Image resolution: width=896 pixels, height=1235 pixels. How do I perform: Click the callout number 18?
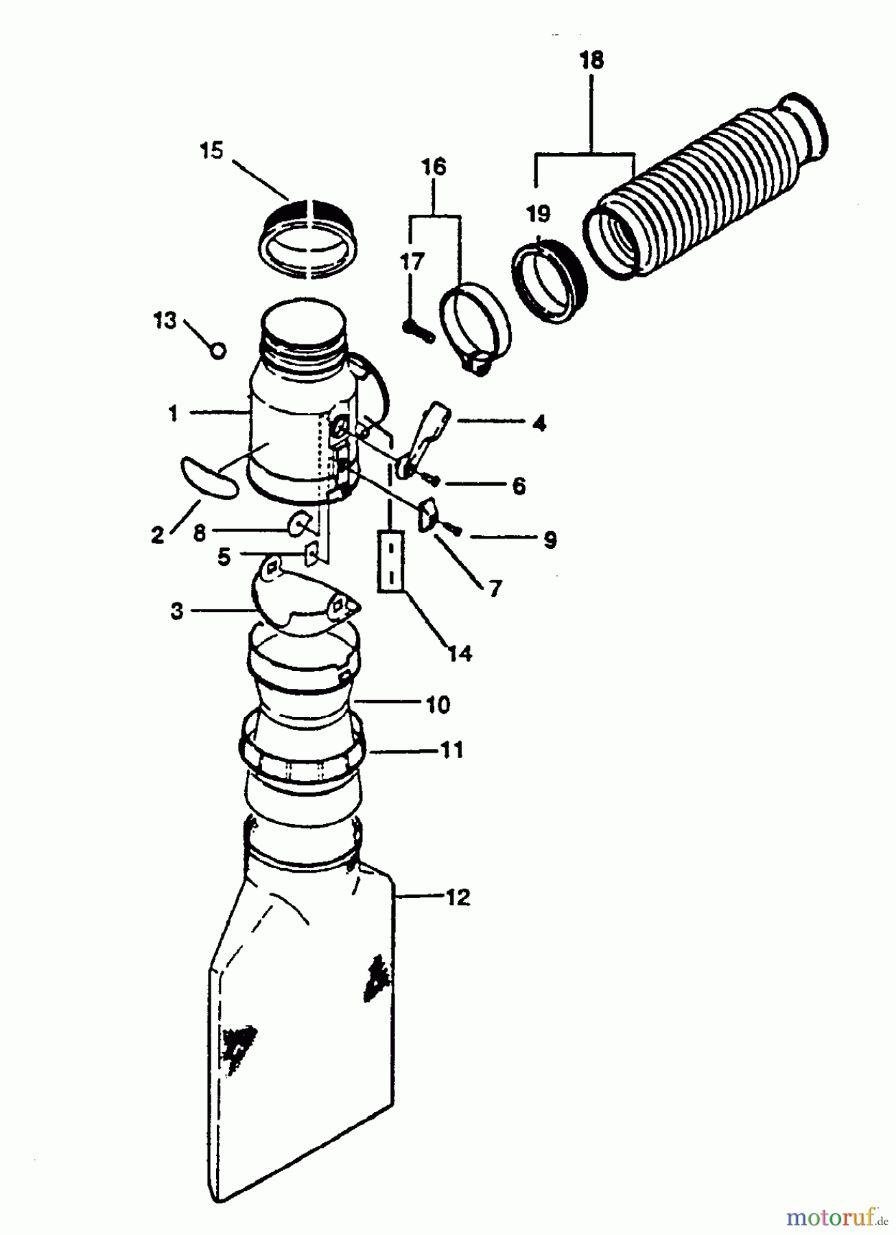[591, 60]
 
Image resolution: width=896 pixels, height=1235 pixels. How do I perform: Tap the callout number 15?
[212, 150]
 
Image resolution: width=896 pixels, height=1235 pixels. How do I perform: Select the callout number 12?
[458, 897]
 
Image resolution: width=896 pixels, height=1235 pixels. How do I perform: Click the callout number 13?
[165, 320]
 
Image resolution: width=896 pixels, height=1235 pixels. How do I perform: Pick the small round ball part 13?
[217, 351]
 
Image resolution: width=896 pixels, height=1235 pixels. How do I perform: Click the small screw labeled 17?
[418, 334]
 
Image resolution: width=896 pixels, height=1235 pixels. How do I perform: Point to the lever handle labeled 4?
[427, 439]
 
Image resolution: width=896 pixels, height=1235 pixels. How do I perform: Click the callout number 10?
[437, 704]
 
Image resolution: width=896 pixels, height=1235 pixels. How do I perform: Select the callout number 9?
[550, 540]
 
